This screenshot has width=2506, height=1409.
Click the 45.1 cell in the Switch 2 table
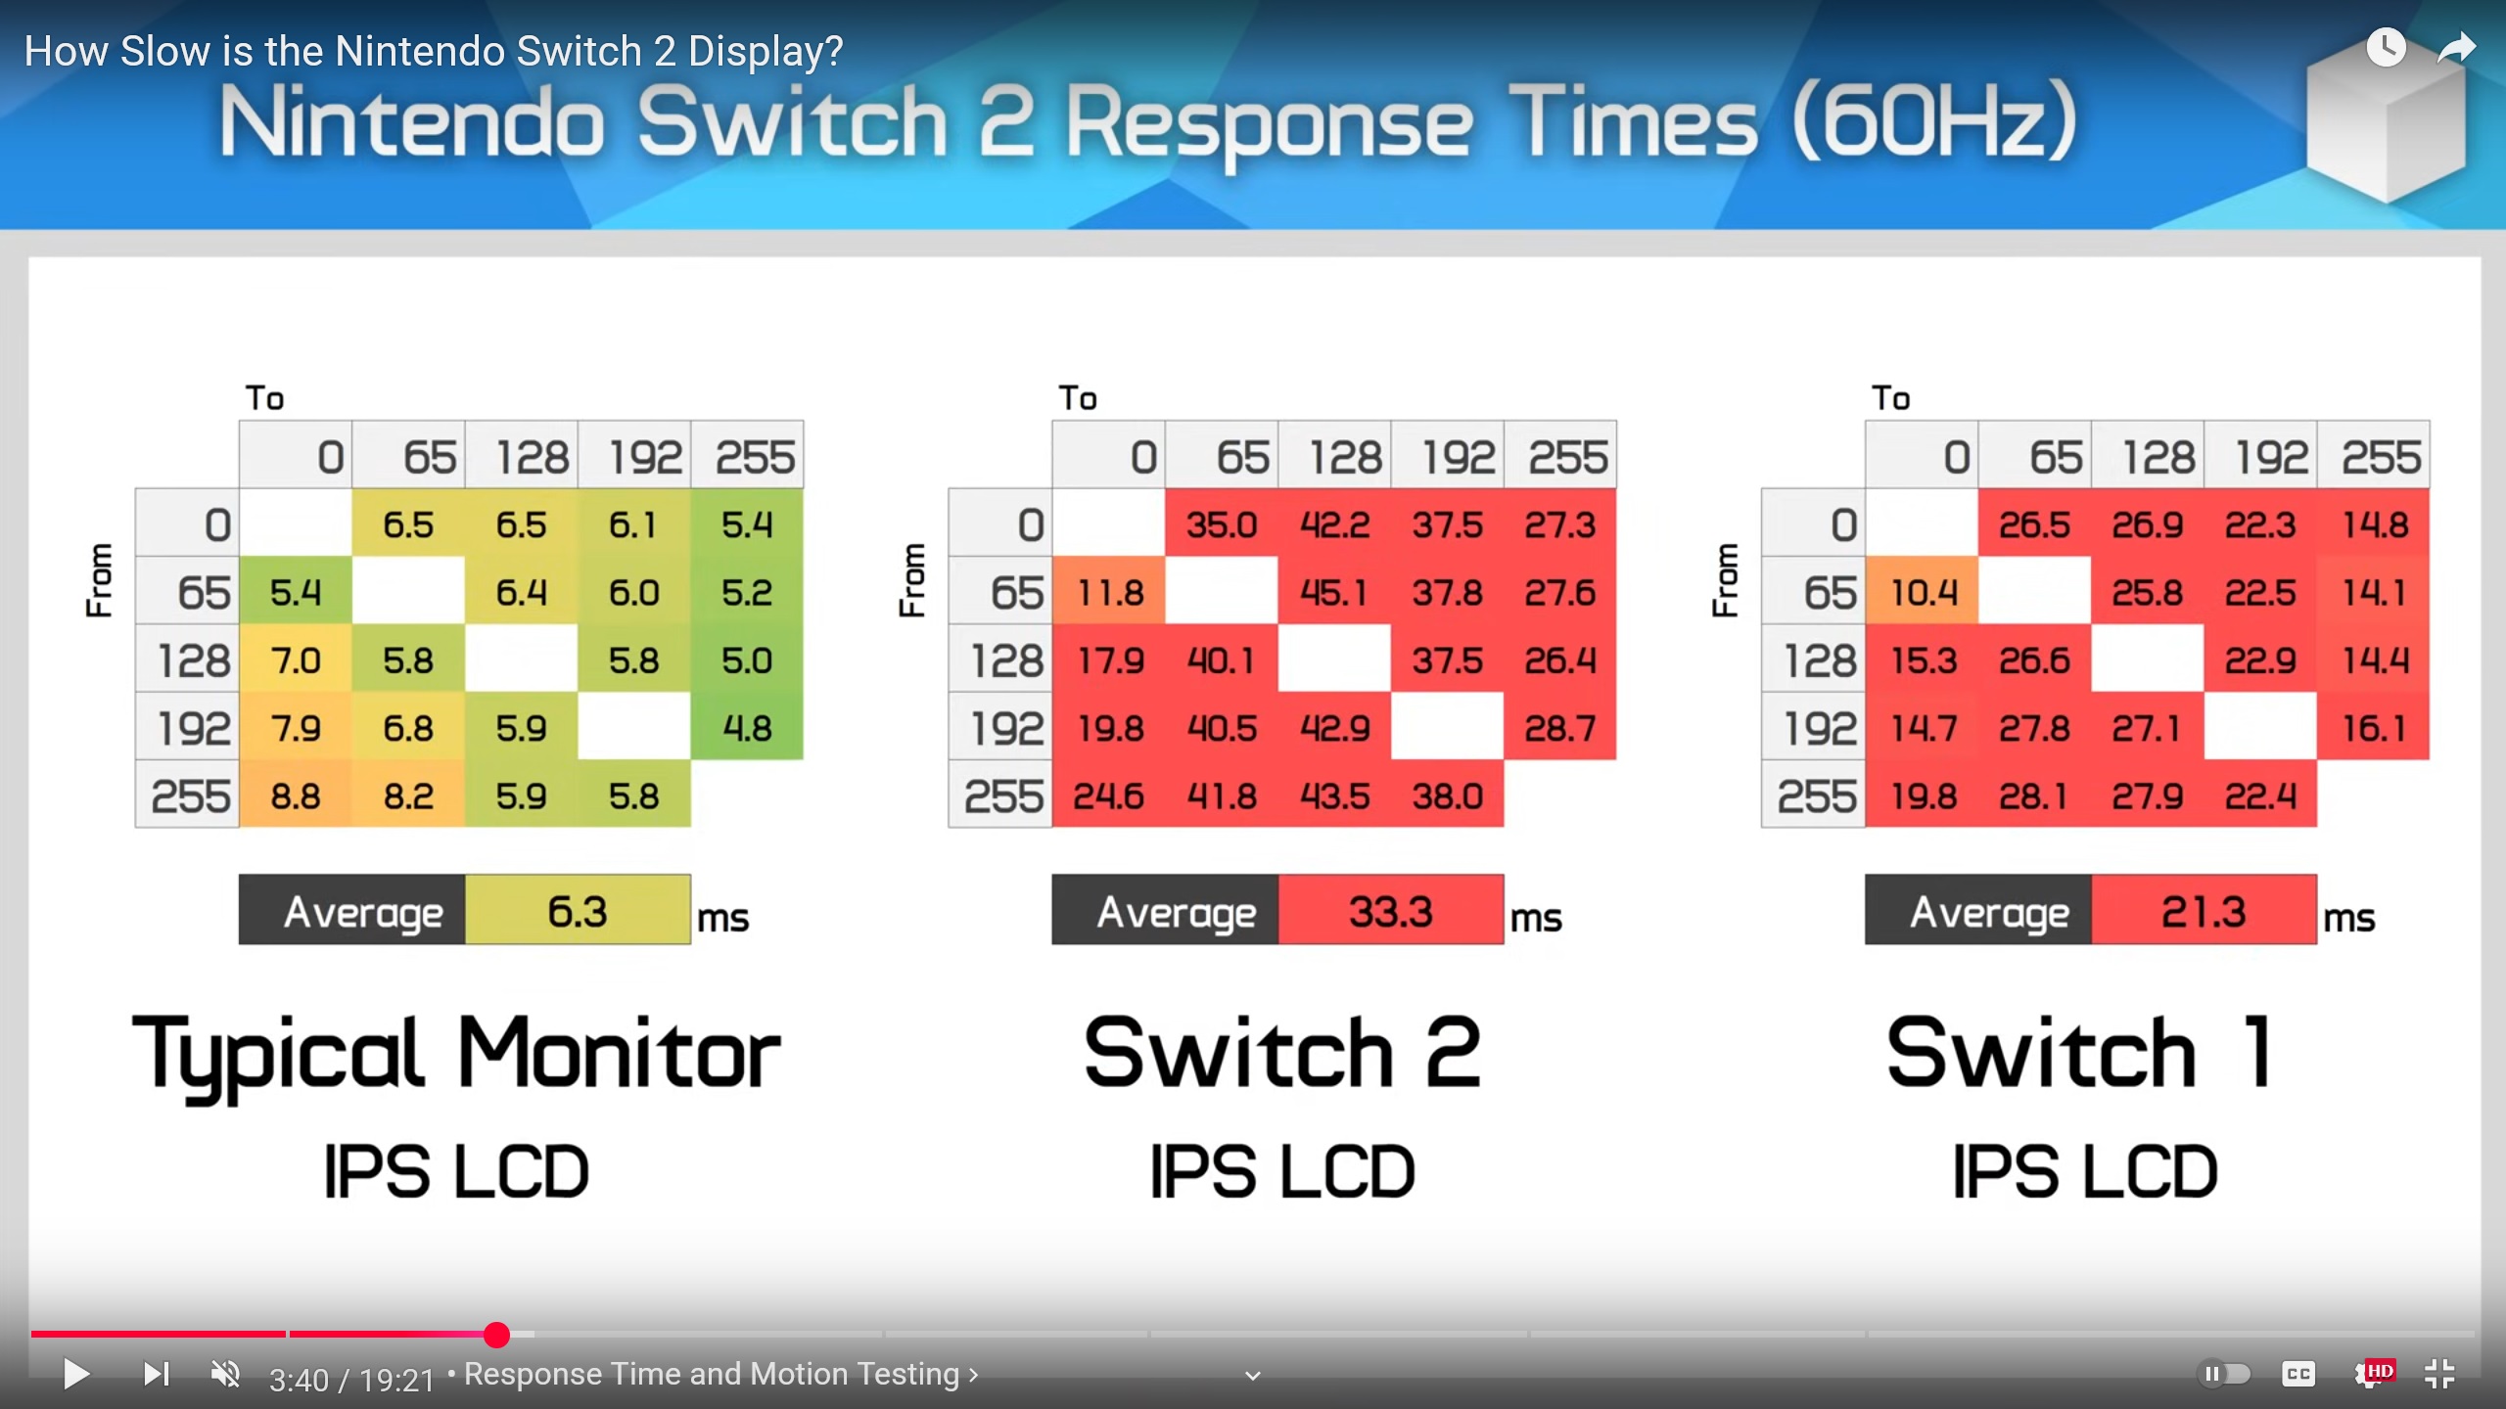point(1334,592)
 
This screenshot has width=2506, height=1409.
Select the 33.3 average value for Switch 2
point(1391,911)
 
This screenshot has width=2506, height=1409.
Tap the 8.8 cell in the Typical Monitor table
point(296,795)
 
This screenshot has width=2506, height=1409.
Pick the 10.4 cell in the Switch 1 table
point(1923,592)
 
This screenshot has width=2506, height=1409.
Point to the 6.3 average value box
point(578,911)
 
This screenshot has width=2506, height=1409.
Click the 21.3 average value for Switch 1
point(2204,911)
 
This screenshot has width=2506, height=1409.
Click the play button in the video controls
point(75,1374)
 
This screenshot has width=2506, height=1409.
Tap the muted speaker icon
point(226,1374)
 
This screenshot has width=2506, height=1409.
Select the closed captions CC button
point(2297,1374)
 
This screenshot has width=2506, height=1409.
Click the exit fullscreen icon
point(2439,1374)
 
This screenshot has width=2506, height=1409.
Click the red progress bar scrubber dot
point(496,1335)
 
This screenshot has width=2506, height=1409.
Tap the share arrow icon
point(2456,47)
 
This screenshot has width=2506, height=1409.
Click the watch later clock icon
point(2386,47)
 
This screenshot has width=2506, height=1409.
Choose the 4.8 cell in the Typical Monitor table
point(747,728)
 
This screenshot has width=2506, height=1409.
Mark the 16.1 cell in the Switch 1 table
point(2374,728)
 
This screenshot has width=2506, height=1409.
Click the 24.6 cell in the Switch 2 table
point(1108,795)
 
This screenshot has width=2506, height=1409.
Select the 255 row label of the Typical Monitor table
point(190,796)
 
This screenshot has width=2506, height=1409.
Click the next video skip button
point(157,1374)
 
